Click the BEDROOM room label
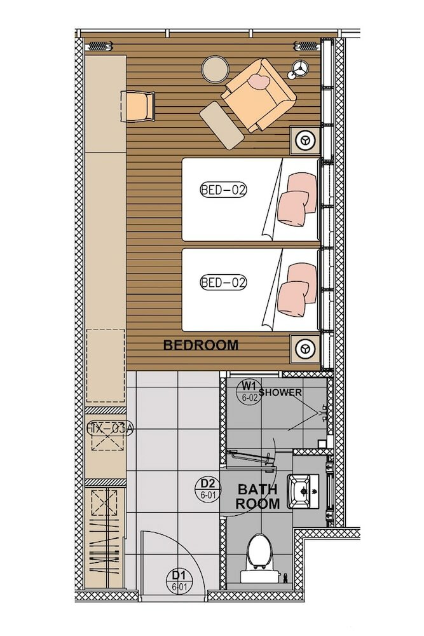(x=201, y=345)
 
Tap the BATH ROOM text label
(x=257, y=497)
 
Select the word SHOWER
(x=280, y=392)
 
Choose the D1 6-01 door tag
(x=179, y=579)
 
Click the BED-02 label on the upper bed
(x=223, y=189)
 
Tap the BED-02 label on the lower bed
(x=223, y=282)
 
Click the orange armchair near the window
(x=259, y=93)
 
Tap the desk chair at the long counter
(x=139, y=106)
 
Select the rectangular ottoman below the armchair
(x=222, y=126)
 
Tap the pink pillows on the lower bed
(x=297, y=289)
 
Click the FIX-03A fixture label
(x=109, y=429)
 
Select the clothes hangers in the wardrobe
(x=105, y=548)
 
